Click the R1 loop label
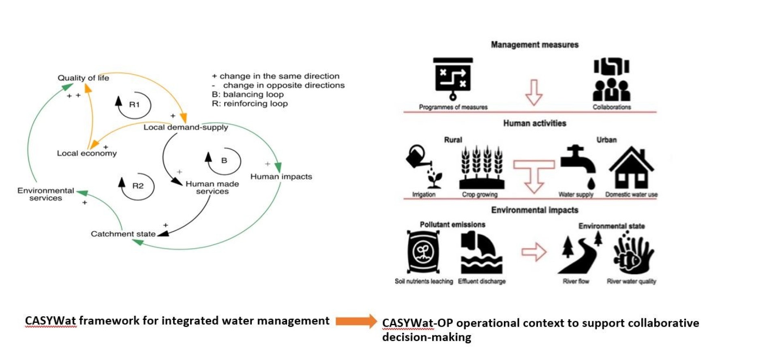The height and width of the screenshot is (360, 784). [x=134, y=105]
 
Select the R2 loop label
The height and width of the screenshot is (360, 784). [x=138, y=186]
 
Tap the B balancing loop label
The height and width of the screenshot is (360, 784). [x=224, y=161]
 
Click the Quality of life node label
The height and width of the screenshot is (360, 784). [x=83, y=78]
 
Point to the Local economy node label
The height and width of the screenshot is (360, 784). [x=87, y=153]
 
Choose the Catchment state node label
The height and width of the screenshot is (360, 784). [x=123, y=234]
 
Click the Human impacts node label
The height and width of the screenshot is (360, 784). [x=281, y=177]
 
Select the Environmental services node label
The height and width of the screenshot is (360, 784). [x=46, y=194]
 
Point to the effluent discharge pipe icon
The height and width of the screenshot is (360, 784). [x=481, y=253]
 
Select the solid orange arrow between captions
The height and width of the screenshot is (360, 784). [x=356, y=321]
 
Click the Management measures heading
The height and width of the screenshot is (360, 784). [x=534, y=45]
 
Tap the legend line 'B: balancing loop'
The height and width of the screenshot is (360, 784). [x=248, y=94]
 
